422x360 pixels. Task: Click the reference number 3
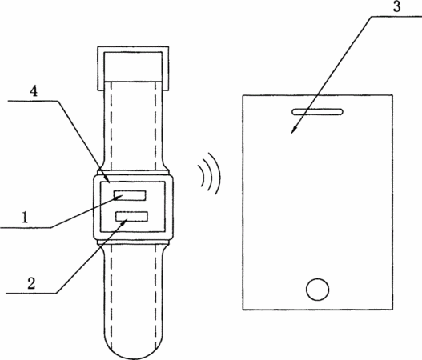[396, 6]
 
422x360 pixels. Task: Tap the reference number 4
[34, 92]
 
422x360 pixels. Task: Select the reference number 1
[25, 218]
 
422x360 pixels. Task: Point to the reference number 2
[31, 283]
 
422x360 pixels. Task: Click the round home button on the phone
[317, 290]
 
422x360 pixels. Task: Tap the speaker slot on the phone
[318, 112]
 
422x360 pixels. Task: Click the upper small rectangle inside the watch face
[130, 195]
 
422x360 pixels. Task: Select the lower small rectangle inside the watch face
[132, 217]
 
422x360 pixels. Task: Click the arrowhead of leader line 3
[293, 130]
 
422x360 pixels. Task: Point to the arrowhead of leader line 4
[107, 179]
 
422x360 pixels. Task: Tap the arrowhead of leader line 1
[119, 198]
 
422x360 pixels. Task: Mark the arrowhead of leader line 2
[124, 222]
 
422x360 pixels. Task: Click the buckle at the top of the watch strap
[133, 68]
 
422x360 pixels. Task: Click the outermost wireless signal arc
[217, 174]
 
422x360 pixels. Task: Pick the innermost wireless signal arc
[202, 176]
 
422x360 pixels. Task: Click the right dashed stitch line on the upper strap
[155, 126]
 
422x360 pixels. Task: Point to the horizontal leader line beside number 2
[30, 293]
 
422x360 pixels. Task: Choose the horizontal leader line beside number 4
[33, 101]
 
